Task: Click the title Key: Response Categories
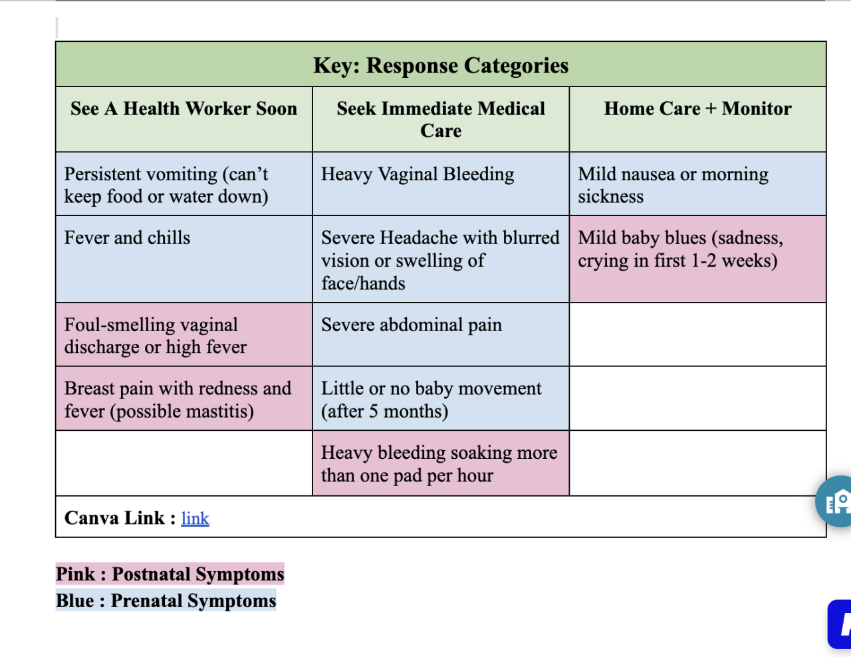point(441,65)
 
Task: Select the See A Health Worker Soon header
point(183,109)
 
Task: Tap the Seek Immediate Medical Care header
point(441,120)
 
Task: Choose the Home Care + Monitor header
point(697,109)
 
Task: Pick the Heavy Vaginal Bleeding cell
point(418,174)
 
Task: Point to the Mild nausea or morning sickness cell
point(673,185)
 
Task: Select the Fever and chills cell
point(127,238)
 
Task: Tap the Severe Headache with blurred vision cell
point(440,260)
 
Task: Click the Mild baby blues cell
point(680,249)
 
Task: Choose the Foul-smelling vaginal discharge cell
point(156,335)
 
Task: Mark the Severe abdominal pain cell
point(412,325)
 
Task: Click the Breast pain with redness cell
point(178,399)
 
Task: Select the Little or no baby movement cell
point(431,399)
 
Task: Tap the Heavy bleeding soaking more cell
point(439,463)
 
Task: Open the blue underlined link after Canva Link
point(195,519)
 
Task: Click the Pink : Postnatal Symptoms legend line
point(170,574)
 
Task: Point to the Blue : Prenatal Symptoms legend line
point(166,600)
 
